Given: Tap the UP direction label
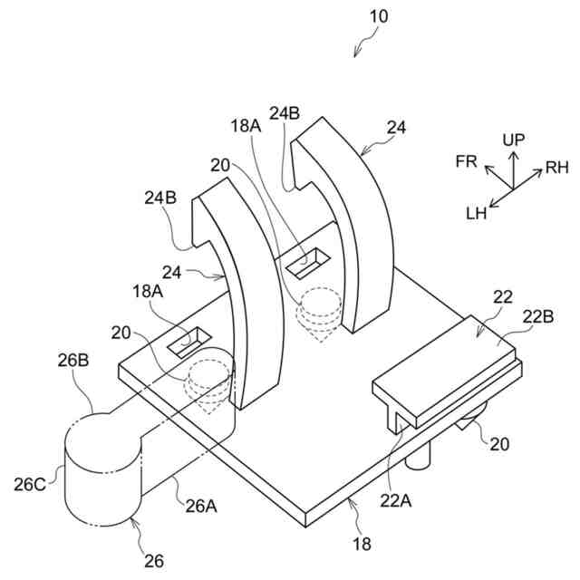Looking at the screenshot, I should pyautogui.click(x=513, y=139).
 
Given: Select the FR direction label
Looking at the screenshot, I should pyautogui.click(x=467, y=160).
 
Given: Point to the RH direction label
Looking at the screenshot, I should pyautogui.click(x=556, y=168).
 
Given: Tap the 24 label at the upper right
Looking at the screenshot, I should pyautogui.click(x=396, y=128).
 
